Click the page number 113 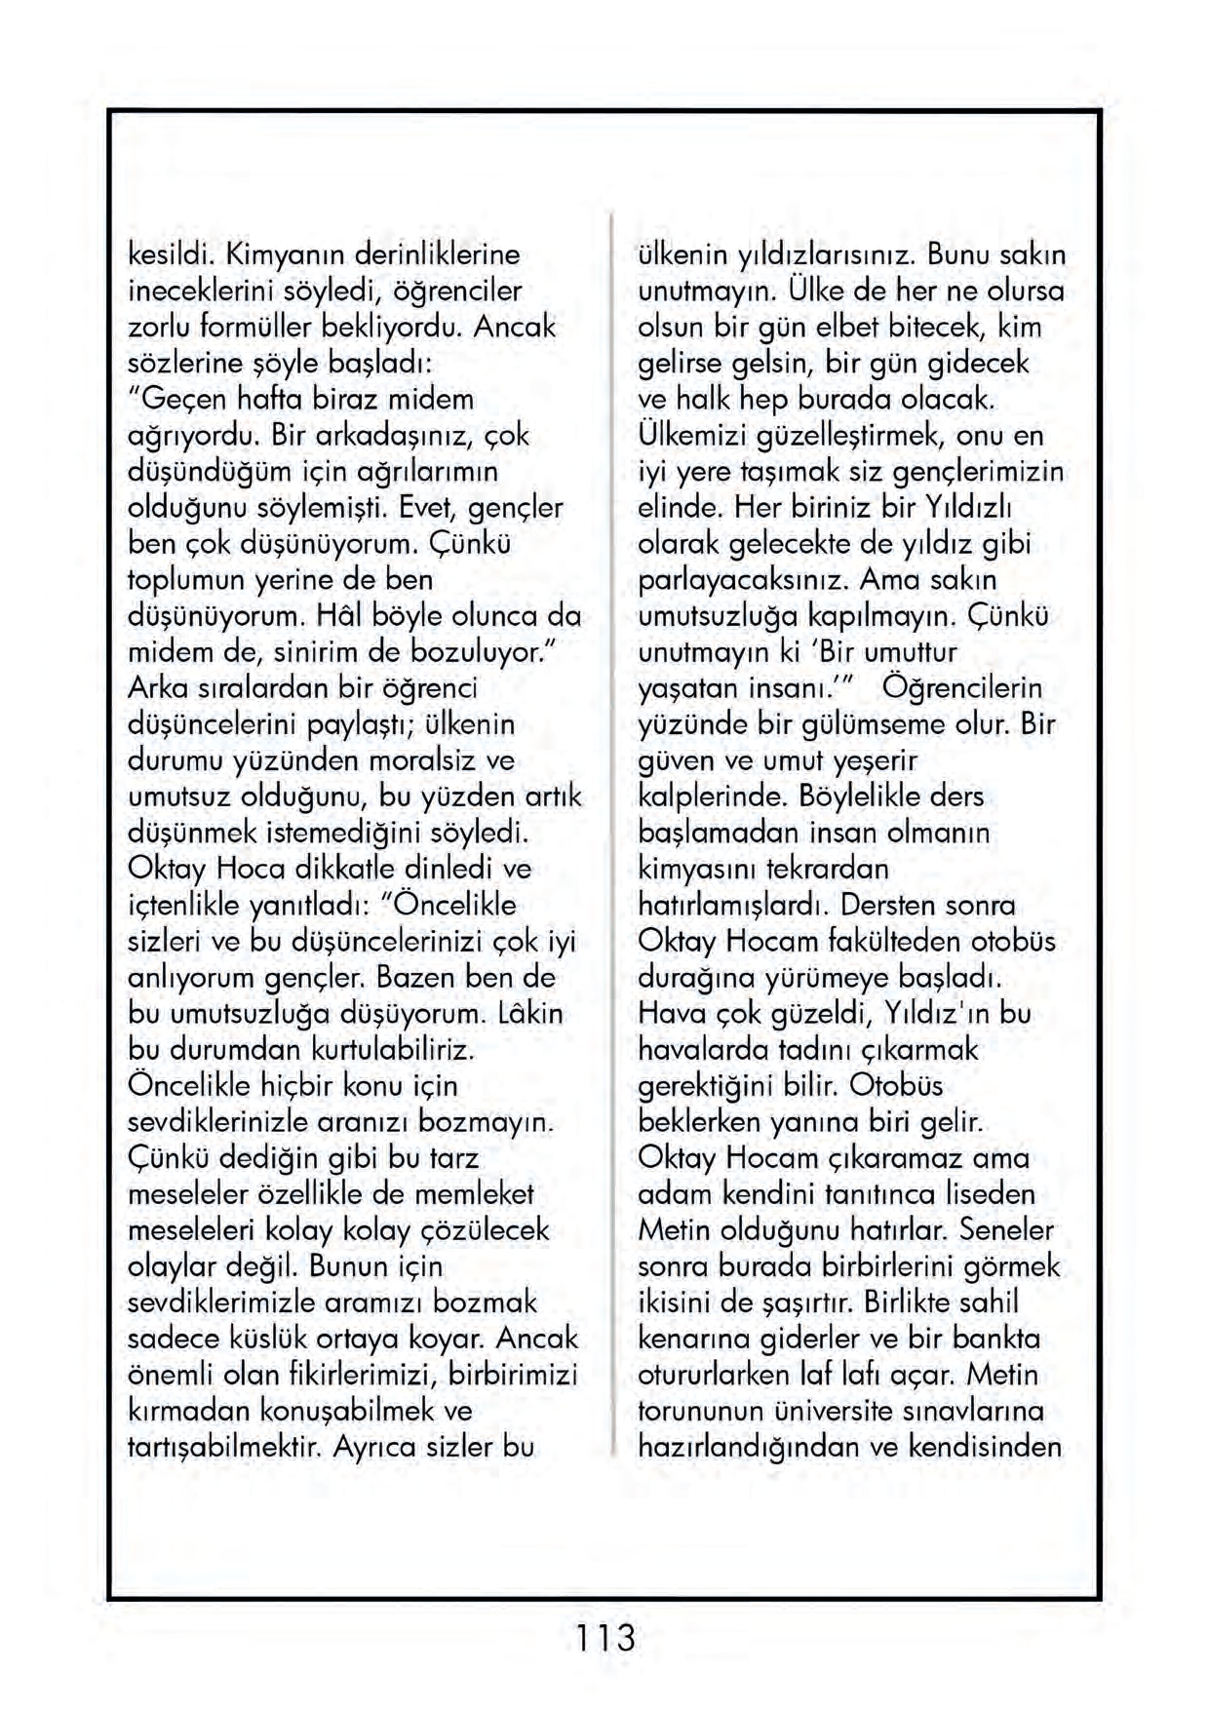point(604,1638)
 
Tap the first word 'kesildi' point(172,255)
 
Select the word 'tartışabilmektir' point(224,1447)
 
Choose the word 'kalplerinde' point(713,797)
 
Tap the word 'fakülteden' point(895,942)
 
